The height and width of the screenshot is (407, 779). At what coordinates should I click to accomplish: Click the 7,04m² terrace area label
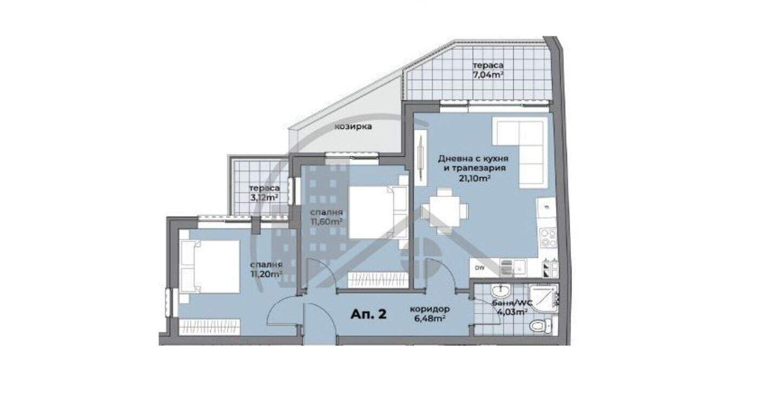click(x=487, y=75)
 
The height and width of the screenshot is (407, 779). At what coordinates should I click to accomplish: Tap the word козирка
click(x=353, y=127)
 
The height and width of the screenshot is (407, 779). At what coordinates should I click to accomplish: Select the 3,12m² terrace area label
click(x=264, y=198)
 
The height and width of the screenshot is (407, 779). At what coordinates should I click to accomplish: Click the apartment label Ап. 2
click(x=368, y=314)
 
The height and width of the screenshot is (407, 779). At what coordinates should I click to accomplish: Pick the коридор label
click(x=430, y=309)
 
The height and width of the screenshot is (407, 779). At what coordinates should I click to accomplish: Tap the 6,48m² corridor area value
click(x=430, y=318)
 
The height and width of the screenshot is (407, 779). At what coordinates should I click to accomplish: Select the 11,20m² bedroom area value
click(x=266, y=274)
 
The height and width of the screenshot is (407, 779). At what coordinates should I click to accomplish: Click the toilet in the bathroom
click(x=540, y=326)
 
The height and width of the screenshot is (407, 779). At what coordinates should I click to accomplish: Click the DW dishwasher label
click(x=479, y=268)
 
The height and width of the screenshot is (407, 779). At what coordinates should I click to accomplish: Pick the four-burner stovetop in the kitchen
click(x=548, y=237)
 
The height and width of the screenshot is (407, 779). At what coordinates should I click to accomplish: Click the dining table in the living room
click(x=445, y=212)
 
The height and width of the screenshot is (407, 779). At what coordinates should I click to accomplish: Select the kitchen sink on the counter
click(x=513, y=268)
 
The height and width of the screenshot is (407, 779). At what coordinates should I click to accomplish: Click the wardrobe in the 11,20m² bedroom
click(x=209, y=327)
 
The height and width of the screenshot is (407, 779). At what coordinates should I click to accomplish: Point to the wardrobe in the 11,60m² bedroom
click(x=378, y=280)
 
